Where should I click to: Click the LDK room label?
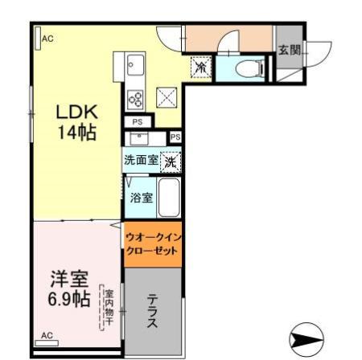pyautogui.click(x=76, y=111)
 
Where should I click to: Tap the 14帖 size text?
pyautogui.click(x=76, y=133)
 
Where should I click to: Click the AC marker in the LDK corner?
pyautogui.click(x=47, y=38)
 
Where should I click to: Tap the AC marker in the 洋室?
pyautogui.click(x=47, y=335)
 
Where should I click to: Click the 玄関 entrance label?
pyautogui.click(x=289, y=51)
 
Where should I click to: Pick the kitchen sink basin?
pyautogui.click(x=134, y=63)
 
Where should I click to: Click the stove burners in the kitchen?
pyautogui.click(x=135, y=100)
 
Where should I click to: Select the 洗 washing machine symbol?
pyautogui.click(x=171, y=161)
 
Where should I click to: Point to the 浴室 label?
pyautogui.click(x=142, y=198)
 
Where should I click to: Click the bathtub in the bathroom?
pyautogui.click(x=168, y=198)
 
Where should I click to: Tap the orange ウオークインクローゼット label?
pyautogui.click(x=153, y=242)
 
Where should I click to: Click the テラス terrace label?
pyautogui.click(x=153, y=309)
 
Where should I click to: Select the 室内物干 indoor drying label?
pyautogui.click(x=108, y=309)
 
